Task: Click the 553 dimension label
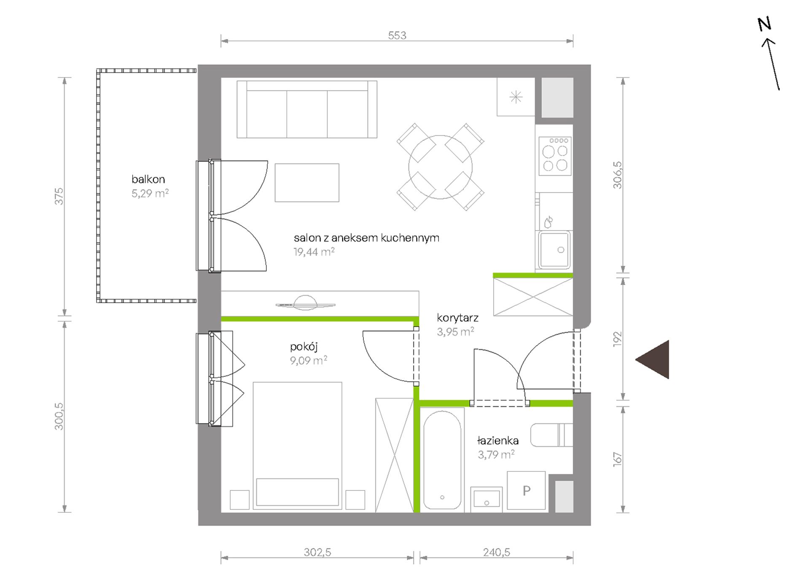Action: [x=397, y=35]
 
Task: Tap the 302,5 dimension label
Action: [x=317, y=552]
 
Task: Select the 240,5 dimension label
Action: [x=497, y=552]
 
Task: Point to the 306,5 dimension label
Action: [x=618, y=175]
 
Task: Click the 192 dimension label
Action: [x=618, y=339]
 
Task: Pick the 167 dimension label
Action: [x=618, y=459]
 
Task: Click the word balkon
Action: [x=148, y=180]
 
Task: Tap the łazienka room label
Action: [x=498, y=441]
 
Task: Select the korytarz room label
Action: [x=457, y=318]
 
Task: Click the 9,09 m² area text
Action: [x=309, y=360]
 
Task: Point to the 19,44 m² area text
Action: [x=314, y=252]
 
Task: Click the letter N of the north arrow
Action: [x=764, y=24]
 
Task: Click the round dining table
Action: [x=440, y=167]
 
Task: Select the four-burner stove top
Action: [x=555, y=156]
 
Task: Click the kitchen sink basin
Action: [x=554, y=249]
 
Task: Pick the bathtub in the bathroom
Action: [x=442, y=460]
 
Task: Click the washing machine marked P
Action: [x=526, y=491]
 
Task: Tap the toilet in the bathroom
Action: [x=551, y=435]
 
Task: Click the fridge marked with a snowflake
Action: [x=516, y=97]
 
